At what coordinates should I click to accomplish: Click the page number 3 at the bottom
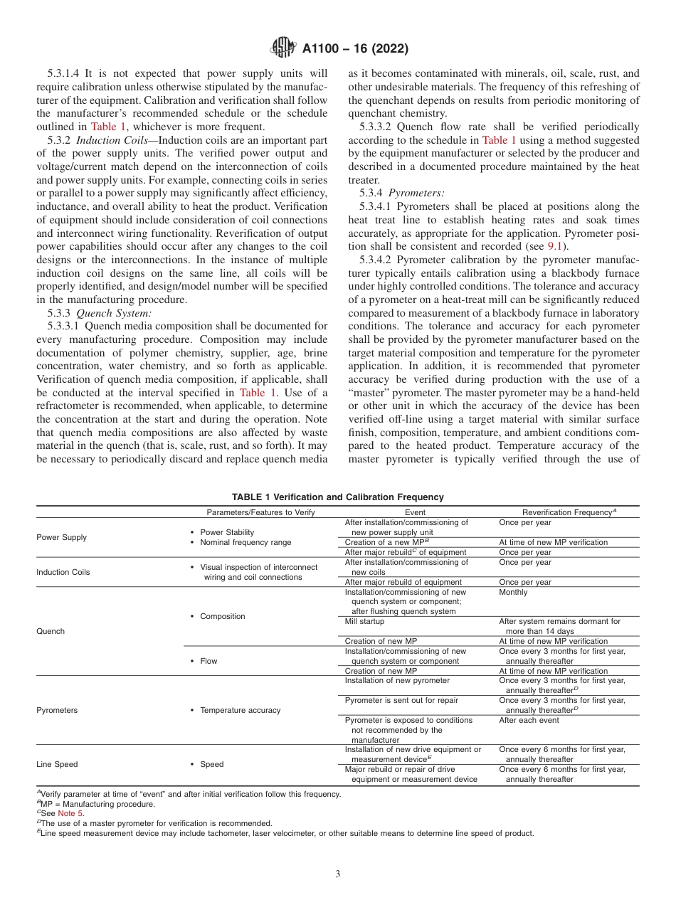pos(338,874)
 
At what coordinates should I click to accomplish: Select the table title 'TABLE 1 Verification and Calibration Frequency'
pos(338,497)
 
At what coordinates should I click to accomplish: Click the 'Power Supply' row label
pos(61,537)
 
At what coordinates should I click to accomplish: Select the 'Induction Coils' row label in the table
pos(63,572)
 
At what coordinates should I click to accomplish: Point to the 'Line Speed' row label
pos(57,764)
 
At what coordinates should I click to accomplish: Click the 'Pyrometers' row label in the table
pos(57,710)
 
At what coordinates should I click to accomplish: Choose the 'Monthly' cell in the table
pos(513,592)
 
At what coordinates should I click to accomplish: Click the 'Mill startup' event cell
pos(364,621)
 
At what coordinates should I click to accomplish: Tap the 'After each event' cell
pos(529,720)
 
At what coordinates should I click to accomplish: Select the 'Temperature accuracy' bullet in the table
pos(240,710)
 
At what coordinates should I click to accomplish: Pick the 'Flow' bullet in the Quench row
pos(208,661)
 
